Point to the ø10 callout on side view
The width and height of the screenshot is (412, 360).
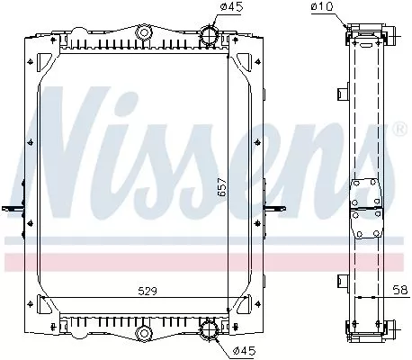321,9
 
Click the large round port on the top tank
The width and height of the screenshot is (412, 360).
210,38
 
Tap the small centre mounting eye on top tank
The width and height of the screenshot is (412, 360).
142,34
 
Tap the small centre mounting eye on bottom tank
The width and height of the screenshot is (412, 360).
142,335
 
